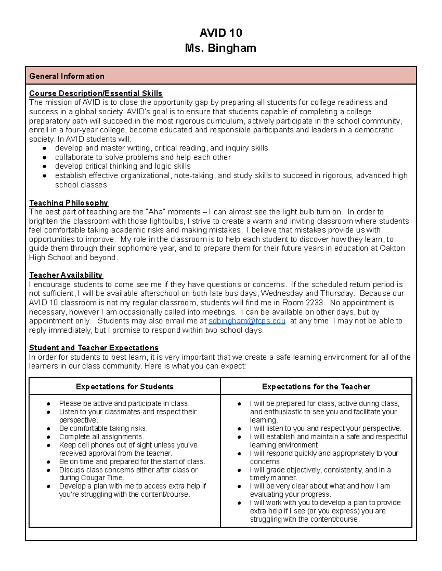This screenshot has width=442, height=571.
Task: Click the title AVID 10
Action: (x=221, y=33)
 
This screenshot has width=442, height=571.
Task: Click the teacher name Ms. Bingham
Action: (x=221, y=48)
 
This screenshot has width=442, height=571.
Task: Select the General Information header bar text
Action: (x=67, y=76)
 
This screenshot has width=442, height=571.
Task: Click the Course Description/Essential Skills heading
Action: (x=96, y=93)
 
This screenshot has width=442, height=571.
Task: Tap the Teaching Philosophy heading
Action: (x=69, y=203)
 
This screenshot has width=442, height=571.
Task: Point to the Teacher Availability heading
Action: (x=66, y=275)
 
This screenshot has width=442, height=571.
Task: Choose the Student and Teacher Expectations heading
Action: (x=94, y=348)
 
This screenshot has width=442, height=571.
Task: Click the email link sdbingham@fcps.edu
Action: (x=247, y=321)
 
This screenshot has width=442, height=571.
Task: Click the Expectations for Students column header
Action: (x=124, y=386)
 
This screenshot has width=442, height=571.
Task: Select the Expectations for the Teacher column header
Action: (x=316, y=386)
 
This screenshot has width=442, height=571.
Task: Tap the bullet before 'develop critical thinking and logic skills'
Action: (x=45, y=167)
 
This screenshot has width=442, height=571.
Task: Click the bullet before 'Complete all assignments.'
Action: (x=49, y=437)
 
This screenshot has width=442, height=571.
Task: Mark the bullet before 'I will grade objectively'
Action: (x=239, y=470)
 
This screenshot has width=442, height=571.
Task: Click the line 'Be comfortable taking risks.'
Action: (x=103, y=428)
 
